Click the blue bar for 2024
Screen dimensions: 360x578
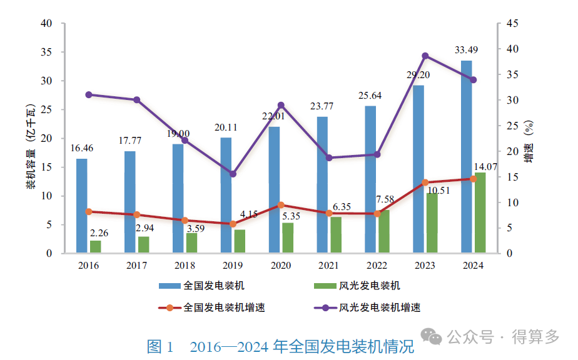click(466, 156)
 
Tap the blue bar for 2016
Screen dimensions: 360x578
click(82, 206)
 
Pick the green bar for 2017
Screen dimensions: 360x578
click(144, 245)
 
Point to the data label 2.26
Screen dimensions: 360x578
click(99, 233)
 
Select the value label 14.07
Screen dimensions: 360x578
click(486, 166)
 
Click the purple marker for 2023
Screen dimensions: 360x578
click(425, 56)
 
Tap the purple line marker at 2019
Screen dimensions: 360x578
click(233, 174)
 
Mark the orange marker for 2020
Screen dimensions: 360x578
click(281, 205)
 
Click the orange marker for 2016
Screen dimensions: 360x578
click(89, 212)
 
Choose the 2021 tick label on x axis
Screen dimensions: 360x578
click(329, 266)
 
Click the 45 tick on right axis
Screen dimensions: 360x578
click(512, 24)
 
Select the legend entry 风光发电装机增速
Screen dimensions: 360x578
click(379, 307)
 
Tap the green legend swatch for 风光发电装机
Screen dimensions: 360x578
click(325, 286)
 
